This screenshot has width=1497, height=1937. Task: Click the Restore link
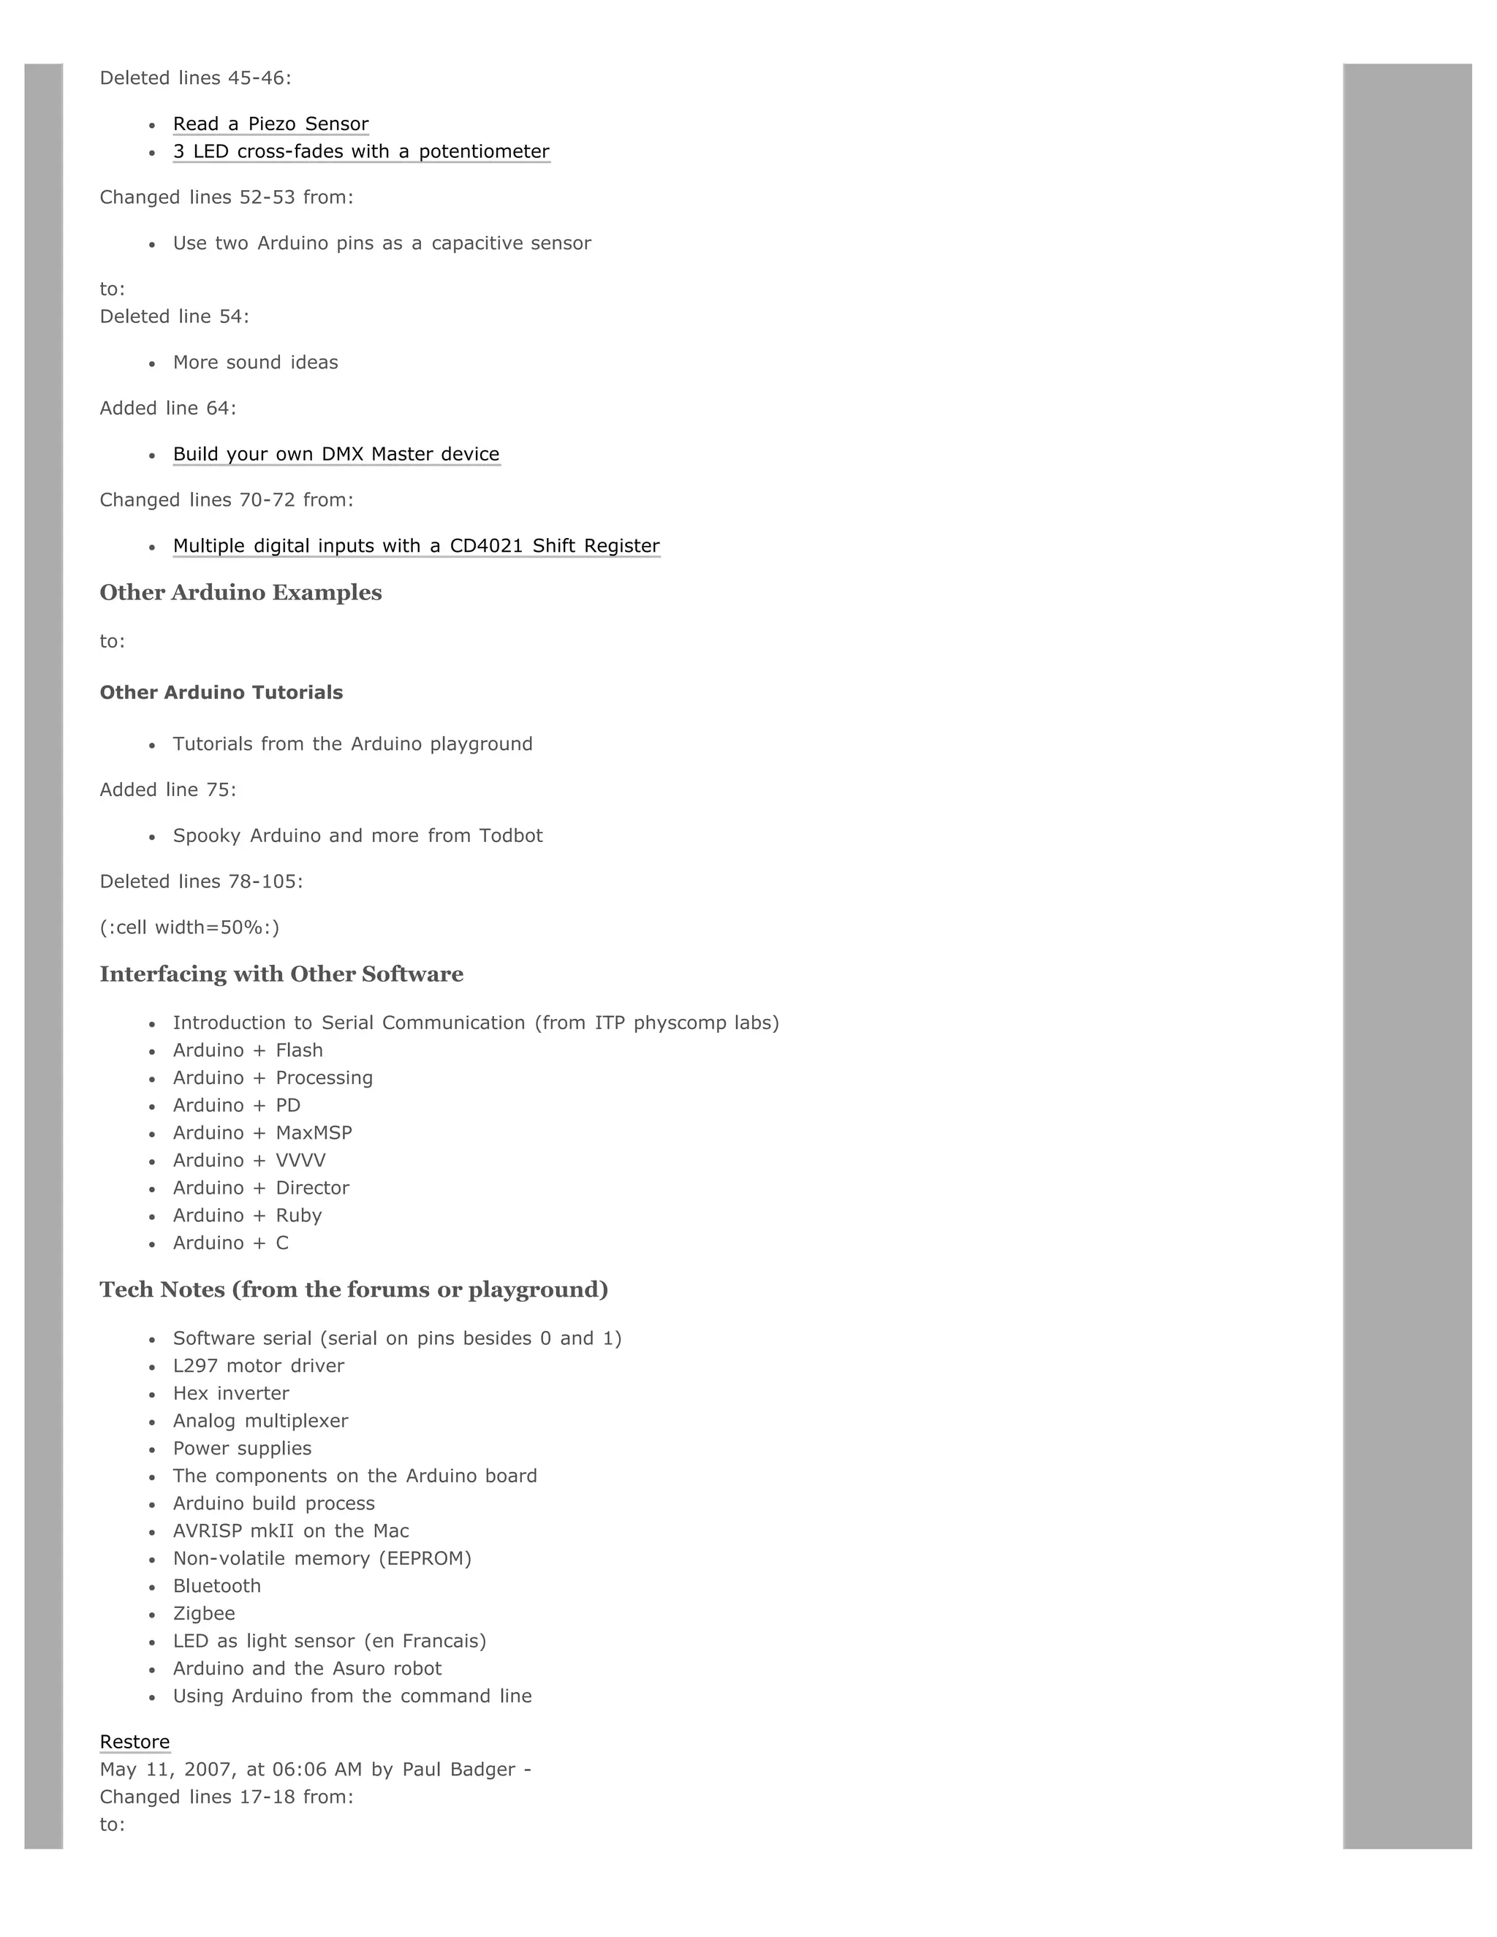click(x=134, y=1742)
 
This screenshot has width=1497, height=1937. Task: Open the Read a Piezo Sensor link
click(x=270, y=124)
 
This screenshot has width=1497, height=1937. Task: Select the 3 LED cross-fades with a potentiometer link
click(x=361, y=151)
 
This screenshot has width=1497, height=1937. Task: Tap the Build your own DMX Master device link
click(x=336, y=454)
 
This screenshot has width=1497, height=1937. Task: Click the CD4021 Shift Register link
click(x=416, y=546)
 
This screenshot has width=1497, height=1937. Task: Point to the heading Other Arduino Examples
click(x=240, y=593)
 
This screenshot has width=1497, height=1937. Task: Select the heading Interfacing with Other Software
click(x=281, y=974)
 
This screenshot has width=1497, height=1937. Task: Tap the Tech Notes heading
click(x=354, y=1289)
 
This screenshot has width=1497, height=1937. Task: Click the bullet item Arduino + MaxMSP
click(x=262, y=1132)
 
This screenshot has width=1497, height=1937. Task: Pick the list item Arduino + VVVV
click(x=249, y=1160)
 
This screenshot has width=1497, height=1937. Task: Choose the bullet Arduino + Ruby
click(x=248, y=1215)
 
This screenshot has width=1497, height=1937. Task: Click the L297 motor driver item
click(x=258, y=1366)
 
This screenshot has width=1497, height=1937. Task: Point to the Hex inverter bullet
click(x=230, y=1393)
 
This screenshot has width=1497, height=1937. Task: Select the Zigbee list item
click(x=204, y=1613)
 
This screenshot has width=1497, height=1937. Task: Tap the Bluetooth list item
click(x=217, y=1586)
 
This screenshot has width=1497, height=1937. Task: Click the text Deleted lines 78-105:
click(x=201, y=882)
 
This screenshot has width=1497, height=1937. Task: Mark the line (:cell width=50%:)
click(x=189, y=928)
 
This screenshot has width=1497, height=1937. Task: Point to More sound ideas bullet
click(x=255, y=363)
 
